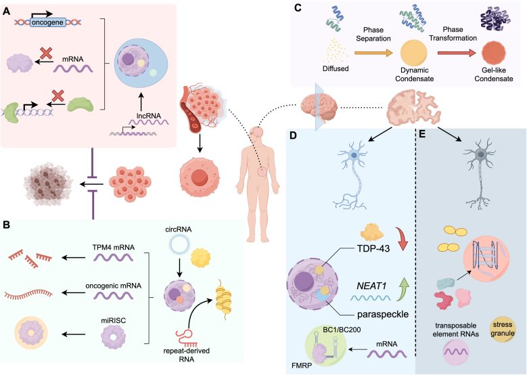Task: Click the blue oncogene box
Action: (47, 22)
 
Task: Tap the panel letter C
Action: (298, 7)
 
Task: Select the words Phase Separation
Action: (373, 35)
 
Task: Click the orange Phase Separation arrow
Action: (373, 53)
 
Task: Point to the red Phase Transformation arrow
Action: (457, 53)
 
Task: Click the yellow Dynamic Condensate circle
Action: (414, 53)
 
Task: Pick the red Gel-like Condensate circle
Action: (494, 53)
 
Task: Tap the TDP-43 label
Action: (373, 248)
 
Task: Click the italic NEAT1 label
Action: (371, 286)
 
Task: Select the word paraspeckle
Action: (383, 315)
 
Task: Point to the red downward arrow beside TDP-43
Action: (401, 239)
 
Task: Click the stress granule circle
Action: (503, 329)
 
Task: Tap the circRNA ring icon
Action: (179, 247)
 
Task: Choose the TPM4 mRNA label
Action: (113, 247)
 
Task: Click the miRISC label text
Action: (113, 321)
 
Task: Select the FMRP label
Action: (302, 366)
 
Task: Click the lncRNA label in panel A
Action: (149, 116)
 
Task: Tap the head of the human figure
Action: (258, 132)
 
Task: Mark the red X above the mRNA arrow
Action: (46, 53)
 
